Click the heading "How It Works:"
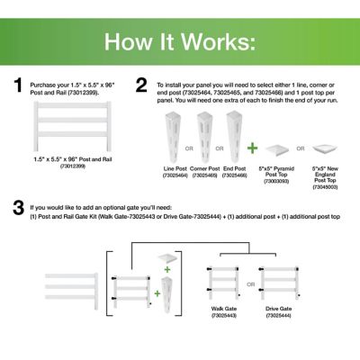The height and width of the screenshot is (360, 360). (x=179, y=41)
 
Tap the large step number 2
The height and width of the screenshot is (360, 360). (x=140, y=85)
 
